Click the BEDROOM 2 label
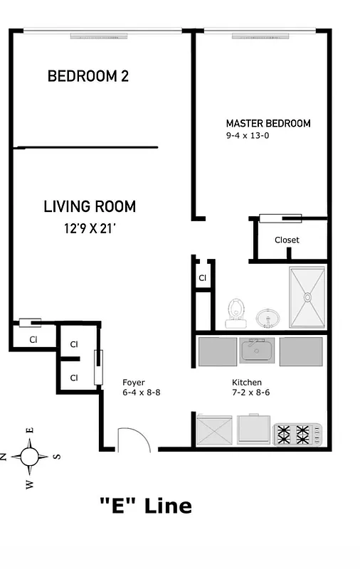coord(88,76)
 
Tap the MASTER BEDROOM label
coord(268,123)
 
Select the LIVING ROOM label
coord(90,207)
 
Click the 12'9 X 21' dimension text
coord(89,228)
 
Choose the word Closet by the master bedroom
coord(287,240)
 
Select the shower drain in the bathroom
coord(308,297)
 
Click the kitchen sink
coord(258,350)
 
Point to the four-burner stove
coord(297,432)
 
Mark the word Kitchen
coord(247,382)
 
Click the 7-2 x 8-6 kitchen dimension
coord(250,393)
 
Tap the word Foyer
coord(134,382)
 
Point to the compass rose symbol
coord(31,456)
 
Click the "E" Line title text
coord(145,506)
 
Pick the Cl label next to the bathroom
coord(202,278)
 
